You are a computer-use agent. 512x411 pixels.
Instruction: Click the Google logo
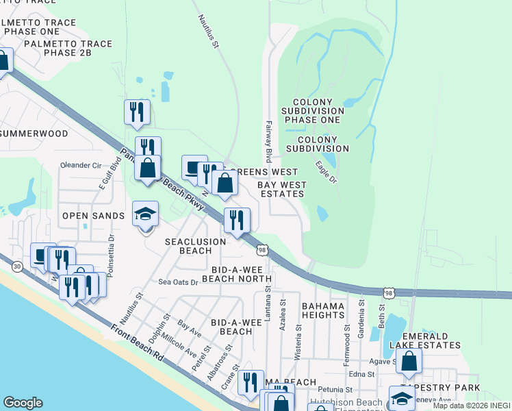pyautogui.click(x=23, y=403)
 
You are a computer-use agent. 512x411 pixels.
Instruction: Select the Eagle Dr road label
pyautogui.click(x=327, y=172)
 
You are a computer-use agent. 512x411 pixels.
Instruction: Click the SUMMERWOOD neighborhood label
pyautogui.click(x=34, y=134)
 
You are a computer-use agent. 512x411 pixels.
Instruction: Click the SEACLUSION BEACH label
pyautogui.click(x=196, y=246)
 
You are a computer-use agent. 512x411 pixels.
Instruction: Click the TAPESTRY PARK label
pyautogui.click(x=450, y=388)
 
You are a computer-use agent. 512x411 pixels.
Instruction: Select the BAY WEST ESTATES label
pyautogui.click(x=281, y=189)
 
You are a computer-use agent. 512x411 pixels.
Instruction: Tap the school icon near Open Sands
pyautogui.click(x=146, y=214)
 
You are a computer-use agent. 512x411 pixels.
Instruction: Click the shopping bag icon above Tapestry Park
pyautogui.click(x=408, y=363)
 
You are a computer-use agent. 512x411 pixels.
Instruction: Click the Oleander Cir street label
pyautogui.click(x=81, y=165)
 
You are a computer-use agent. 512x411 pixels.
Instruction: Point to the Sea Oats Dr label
pyautogui.click(x=178, y=282)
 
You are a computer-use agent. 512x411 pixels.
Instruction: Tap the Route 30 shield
pyautogui.click(x=16, y=266)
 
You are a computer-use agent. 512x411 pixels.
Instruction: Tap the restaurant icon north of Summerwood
pyautogui.click(x=137, y=112)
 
